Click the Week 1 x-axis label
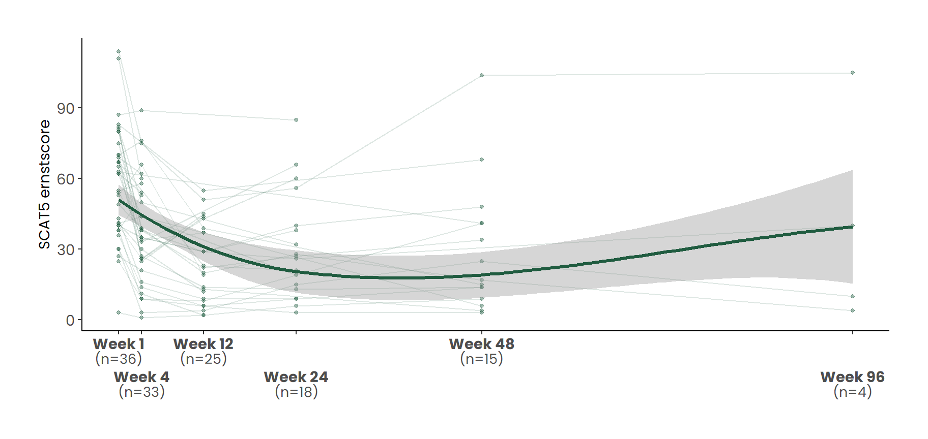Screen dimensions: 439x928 pos(119,344)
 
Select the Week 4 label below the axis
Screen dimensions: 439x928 pos(141,377)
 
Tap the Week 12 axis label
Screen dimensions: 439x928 pos(204,344)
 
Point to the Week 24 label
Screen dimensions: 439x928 pos(296,377)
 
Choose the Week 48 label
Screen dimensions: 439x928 pos(482,344)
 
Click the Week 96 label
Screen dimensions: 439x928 pos(852,377)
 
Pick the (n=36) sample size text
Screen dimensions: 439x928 pos(119,359)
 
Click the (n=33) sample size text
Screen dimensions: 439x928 pos(141,392)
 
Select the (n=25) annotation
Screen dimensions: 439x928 pos(204,359)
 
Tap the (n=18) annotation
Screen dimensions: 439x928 pos(296,392)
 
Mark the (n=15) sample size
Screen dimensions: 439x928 pos(482,359)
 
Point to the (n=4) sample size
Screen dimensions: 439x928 pos(852,392)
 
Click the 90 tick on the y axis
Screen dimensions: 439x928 pos(66,108)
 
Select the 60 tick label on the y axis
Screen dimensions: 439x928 pos(66,179)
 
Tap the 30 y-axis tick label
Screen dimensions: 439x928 pos(66,249)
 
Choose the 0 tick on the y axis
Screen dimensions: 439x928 pos(70,320)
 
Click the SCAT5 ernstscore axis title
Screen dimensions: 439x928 pos(45,184)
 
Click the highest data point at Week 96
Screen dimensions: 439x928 pos(853,73)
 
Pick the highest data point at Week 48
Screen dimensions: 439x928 pos(482,75)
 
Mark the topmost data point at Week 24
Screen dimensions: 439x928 pos(296,120)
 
